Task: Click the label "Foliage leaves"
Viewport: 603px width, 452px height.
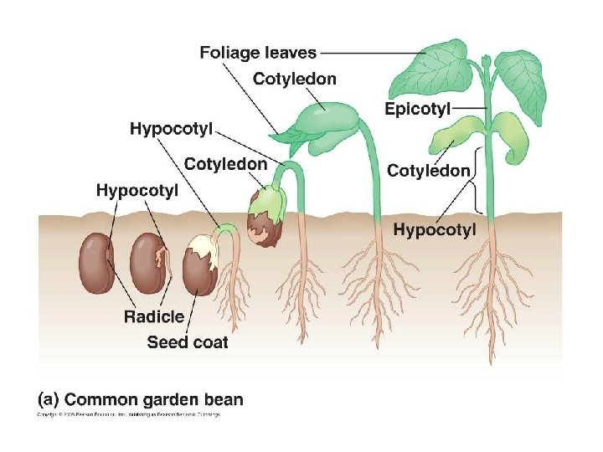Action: (258, 53)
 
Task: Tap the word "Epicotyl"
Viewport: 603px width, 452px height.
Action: (418, 108)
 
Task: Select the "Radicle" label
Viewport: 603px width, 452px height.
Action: (153, 316)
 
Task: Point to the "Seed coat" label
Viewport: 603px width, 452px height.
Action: (188, 342)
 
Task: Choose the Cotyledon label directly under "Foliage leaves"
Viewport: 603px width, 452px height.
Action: (295, 80)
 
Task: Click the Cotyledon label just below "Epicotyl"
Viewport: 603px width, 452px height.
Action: (428, 171)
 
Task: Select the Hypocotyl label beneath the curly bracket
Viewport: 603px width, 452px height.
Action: (435, 229)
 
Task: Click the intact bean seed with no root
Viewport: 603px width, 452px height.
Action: (96, 262)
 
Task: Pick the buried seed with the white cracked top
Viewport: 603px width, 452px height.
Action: (199, 264)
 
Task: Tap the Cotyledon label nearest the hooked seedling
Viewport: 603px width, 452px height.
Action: (225, 163)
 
